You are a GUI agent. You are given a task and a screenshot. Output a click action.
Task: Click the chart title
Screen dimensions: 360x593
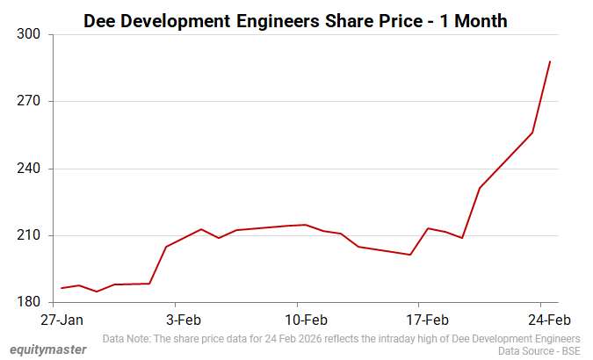[x=295, y=19]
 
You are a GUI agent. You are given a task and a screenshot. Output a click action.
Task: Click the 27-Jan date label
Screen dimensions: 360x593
[x=62, y=320]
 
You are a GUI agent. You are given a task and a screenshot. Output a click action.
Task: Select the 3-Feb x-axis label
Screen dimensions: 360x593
[x=184, y=320]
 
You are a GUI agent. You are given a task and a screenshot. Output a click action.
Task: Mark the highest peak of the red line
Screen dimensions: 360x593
[x=550, y=61]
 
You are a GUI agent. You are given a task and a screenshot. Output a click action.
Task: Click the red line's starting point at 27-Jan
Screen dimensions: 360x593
[x=61, y=288]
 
